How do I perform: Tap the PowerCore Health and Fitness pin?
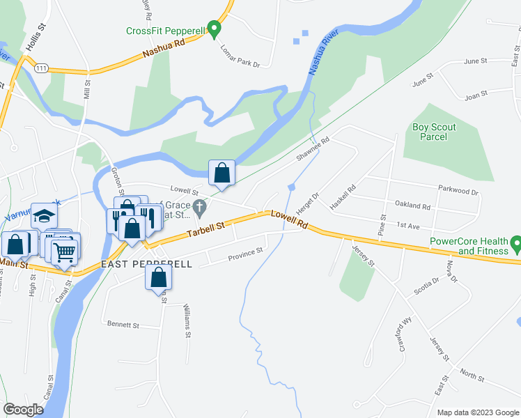coord(516,245)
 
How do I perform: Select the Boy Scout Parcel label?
coord(430,132)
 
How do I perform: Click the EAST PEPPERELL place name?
coord(146,265)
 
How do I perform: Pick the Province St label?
coord(246,255)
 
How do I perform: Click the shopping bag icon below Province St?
coord(159,277)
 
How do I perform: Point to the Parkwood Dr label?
coord(458,191)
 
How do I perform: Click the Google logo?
coord(24,409)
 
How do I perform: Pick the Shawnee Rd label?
coord(311,148)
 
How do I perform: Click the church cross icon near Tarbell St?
coord(200,207)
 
